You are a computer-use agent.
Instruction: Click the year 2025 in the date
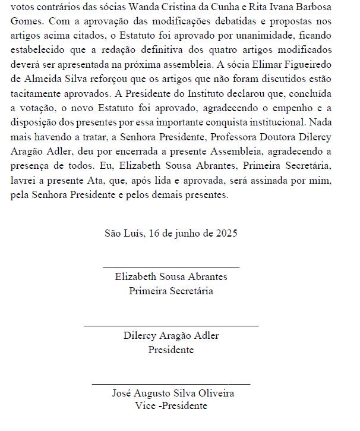coord(226,233)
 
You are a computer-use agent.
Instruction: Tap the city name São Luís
coord(124,233)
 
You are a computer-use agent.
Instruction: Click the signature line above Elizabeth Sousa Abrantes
coord(170,268)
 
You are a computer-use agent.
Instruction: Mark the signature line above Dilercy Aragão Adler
coord(170,326)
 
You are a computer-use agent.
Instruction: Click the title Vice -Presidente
coord(171,406)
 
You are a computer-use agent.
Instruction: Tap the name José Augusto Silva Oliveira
coord(173,394)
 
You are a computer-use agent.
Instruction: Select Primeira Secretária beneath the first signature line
coord(171,291)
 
